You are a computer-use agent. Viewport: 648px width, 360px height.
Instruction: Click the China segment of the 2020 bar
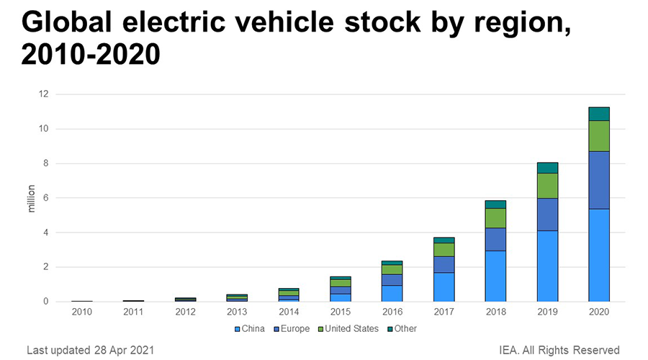click(x=599, y=255)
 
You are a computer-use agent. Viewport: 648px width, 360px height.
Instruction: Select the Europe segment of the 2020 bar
click(x=599, y=180)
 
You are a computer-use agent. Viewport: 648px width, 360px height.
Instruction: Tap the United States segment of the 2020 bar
click(x=599, y=135)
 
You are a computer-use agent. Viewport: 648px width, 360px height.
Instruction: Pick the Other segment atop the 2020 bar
click(x=599, y=114)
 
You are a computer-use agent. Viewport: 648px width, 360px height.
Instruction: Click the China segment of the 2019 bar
click(x=547, y=266)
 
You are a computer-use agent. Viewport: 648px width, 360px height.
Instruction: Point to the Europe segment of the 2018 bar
click(x=495, y=239)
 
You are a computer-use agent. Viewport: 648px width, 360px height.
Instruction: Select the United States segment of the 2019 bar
click(x=547, y=185)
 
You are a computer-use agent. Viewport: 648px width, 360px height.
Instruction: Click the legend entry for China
click(x=251, y=328)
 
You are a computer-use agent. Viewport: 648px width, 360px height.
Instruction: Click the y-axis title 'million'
click(x=32, y=198)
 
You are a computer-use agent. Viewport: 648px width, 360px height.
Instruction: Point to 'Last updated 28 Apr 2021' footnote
click(x=89, y=350)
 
